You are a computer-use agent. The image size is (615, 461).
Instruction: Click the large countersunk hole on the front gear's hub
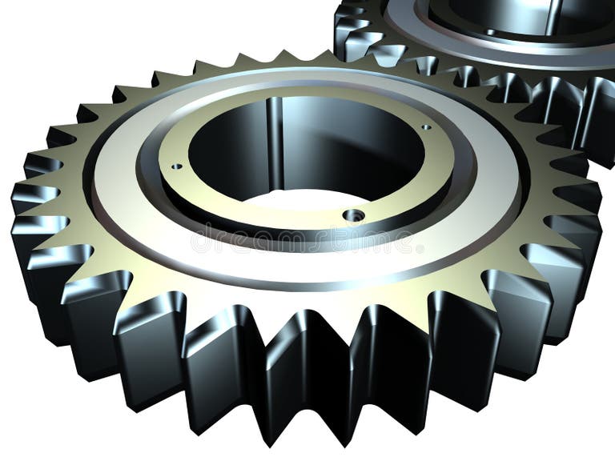coord(353,215)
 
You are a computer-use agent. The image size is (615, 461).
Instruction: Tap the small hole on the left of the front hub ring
coord(176,166)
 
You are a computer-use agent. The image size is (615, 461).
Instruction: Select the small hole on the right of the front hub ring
coord(425,126)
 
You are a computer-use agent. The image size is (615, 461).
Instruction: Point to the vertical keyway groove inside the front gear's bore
coord(275,136)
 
